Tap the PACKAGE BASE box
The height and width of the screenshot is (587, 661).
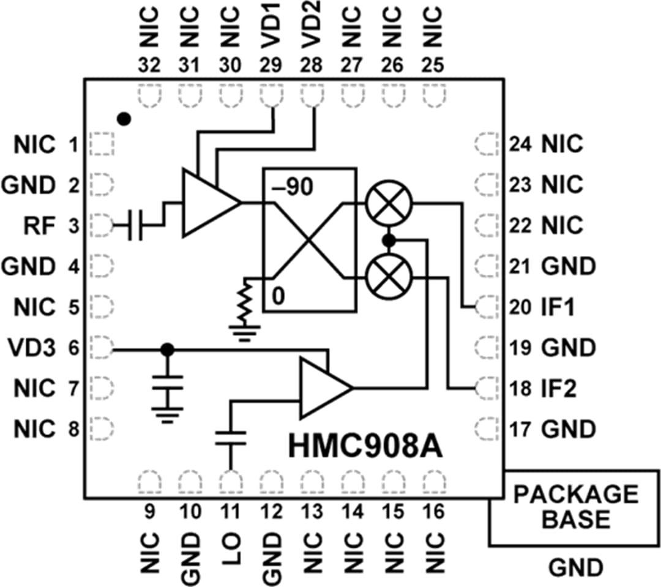[x=575, y=507]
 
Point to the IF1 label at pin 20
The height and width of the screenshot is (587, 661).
[x=558, y=307]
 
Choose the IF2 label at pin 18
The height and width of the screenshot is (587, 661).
[x=558, y=388]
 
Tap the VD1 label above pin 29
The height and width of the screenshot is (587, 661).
[x=271, y=28]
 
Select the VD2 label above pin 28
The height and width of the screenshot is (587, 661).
[x=312, y=28]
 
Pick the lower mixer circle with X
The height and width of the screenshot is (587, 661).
[x=389, y=277]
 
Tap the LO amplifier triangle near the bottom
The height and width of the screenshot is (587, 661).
[x=323, y=387]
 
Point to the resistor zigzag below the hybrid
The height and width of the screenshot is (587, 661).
[x=246, y=303]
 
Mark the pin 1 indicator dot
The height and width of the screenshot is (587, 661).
[x=124, y=119]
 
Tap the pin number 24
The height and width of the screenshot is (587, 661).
[x=520, y=145]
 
